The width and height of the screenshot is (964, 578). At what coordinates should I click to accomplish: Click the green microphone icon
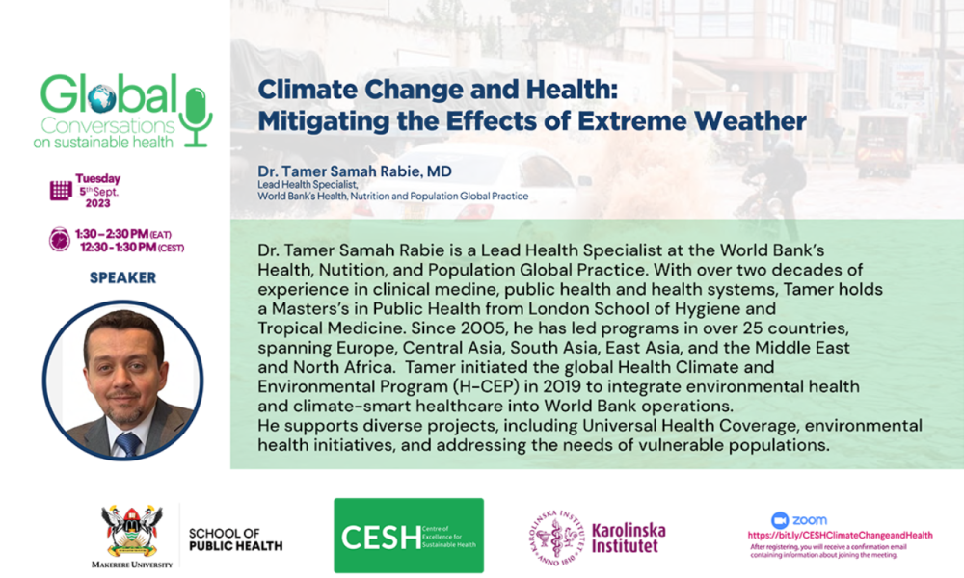[x=196, y=117]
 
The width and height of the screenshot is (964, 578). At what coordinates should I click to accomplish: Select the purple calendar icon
[x=60, y=191]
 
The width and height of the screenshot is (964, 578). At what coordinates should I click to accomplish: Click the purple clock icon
[x=60, y=239]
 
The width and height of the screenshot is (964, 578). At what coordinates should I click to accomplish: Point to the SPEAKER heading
[x=123, y=277]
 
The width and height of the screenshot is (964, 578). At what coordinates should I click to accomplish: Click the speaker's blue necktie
[x=127, y=443]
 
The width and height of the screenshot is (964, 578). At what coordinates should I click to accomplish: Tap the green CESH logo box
[x=409, y=536]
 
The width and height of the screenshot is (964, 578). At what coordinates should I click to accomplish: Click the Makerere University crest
[x=131, y=531]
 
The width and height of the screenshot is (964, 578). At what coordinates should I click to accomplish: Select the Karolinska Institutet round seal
[x=557, y=538]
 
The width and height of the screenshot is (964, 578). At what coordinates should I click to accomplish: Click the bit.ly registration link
[x=840, y=535]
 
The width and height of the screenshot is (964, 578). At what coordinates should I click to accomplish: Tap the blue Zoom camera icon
[x=780, y=520]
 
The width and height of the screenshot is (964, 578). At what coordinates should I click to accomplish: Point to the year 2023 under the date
[x=97, y=203]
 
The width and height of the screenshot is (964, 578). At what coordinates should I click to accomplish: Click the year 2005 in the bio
[x=484, y=328]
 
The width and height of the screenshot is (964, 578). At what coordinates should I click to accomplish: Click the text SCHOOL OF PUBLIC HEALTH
[x=235, y=539]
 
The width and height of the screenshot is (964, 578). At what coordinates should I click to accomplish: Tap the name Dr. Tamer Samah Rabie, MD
[x=355, y=171]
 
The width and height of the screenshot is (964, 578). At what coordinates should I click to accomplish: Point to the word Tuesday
[x=97, y=179]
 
